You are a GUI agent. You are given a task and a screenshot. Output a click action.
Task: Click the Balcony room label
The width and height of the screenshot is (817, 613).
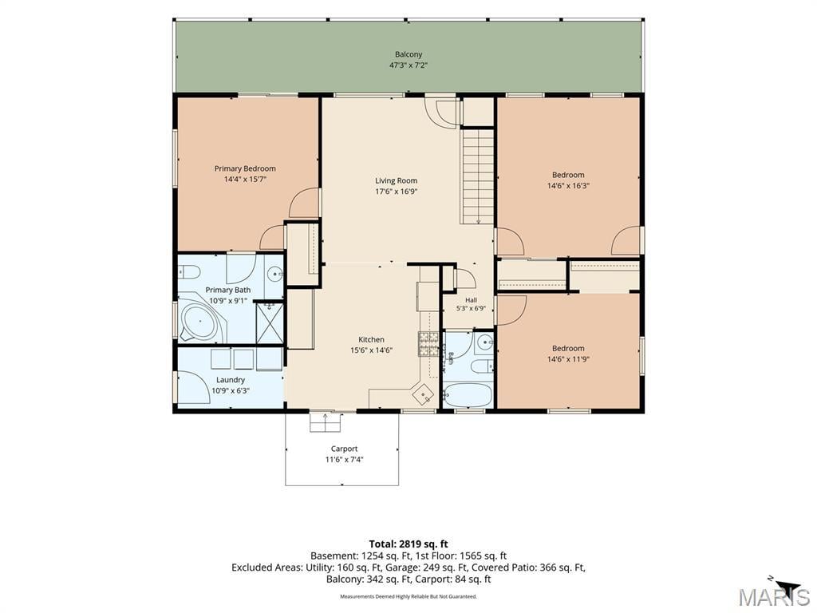408,54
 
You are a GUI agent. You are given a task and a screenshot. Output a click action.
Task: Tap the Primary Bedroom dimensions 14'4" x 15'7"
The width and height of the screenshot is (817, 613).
246,180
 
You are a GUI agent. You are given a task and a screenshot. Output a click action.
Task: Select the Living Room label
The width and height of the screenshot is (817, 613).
396,181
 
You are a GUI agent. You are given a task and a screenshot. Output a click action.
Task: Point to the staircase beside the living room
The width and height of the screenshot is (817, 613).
477,176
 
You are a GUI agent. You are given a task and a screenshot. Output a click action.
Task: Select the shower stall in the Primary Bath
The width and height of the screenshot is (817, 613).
270,323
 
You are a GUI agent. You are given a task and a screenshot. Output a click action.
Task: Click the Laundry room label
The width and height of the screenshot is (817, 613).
231,380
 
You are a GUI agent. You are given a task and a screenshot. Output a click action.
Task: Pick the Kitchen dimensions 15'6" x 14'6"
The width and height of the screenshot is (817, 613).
371,350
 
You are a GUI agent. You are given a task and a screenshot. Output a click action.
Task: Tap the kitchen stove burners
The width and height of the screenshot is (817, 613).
428,343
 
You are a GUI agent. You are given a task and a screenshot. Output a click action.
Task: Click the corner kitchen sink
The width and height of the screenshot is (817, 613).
423,394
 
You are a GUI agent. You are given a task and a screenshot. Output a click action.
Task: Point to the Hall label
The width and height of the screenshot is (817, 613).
471,300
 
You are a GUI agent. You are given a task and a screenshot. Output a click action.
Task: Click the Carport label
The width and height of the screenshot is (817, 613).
345,449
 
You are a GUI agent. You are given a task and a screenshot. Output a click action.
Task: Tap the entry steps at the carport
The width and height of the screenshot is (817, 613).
326,422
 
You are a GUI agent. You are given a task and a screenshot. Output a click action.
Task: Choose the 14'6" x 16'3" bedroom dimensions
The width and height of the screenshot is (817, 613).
568,185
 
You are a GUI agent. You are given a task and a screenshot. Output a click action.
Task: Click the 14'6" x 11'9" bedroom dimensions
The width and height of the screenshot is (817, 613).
568,359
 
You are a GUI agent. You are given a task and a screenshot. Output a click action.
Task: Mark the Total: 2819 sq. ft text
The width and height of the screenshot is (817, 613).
408,544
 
